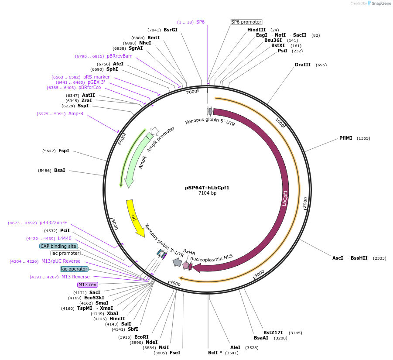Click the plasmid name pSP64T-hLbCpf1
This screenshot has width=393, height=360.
207,188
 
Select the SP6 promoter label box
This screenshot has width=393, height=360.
246,22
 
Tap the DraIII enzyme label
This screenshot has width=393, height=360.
303,65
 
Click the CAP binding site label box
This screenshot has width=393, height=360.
58,246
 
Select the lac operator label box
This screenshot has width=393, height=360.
74,269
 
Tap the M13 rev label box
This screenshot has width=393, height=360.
88,285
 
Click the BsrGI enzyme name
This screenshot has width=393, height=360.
171,30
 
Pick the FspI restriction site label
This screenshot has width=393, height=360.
64,151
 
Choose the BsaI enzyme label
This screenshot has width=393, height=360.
59,170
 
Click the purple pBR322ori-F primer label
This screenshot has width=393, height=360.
53,223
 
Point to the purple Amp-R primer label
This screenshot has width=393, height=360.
75,114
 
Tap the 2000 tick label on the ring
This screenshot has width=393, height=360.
305,202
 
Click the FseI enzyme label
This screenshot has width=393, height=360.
174,353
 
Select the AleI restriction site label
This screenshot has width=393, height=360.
235,348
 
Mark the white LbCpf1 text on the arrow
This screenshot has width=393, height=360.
285,198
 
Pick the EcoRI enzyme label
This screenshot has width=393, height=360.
141,337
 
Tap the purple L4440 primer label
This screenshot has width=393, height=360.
65,239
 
